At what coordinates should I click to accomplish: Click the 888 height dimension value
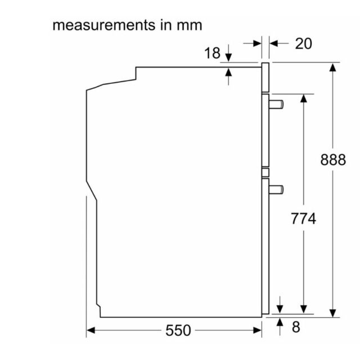pyautogui.click(x=333, y=160)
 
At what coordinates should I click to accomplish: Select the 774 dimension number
pyautogui.click(x=304, y=218)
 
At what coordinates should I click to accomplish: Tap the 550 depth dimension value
pyautogui.click(x=178, y=330)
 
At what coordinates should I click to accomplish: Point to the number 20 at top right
pyautogui.click(x=304, y=44)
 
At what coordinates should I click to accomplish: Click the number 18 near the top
pyautogui.click(x=212, y=53)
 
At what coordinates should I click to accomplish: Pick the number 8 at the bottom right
pyautogui.click(x=296, y=327)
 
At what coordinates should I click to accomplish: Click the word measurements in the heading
pyautogui.click(x=104, y=25)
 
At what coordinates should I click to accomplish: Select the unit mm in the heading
pyautogui.click(x=190, y=26)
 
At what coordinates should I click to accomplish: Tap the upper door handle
pyautogui.click(x=276, y=105)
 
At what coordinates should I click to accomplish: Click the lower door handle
pyautogui.click(x=276, y=190)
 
